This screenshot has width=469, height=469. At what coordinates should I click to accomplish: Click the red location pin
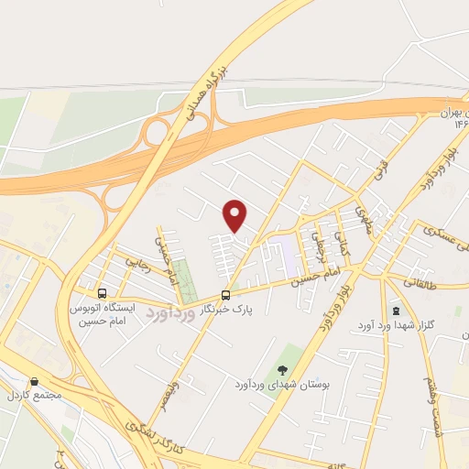click(235, 215)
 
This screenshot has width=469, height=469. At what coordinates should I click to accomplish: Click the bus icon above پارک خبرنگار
click(226, 295)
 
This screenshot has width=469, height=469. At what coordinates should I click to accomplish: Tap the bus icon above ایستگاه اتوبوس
click(101, 295)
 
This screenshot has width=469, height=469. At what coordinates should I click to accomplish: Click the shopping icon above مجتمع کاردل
click(34, 381)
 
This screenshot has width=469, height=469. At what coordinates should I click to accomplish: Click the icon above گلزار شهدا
click(396, 311)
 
